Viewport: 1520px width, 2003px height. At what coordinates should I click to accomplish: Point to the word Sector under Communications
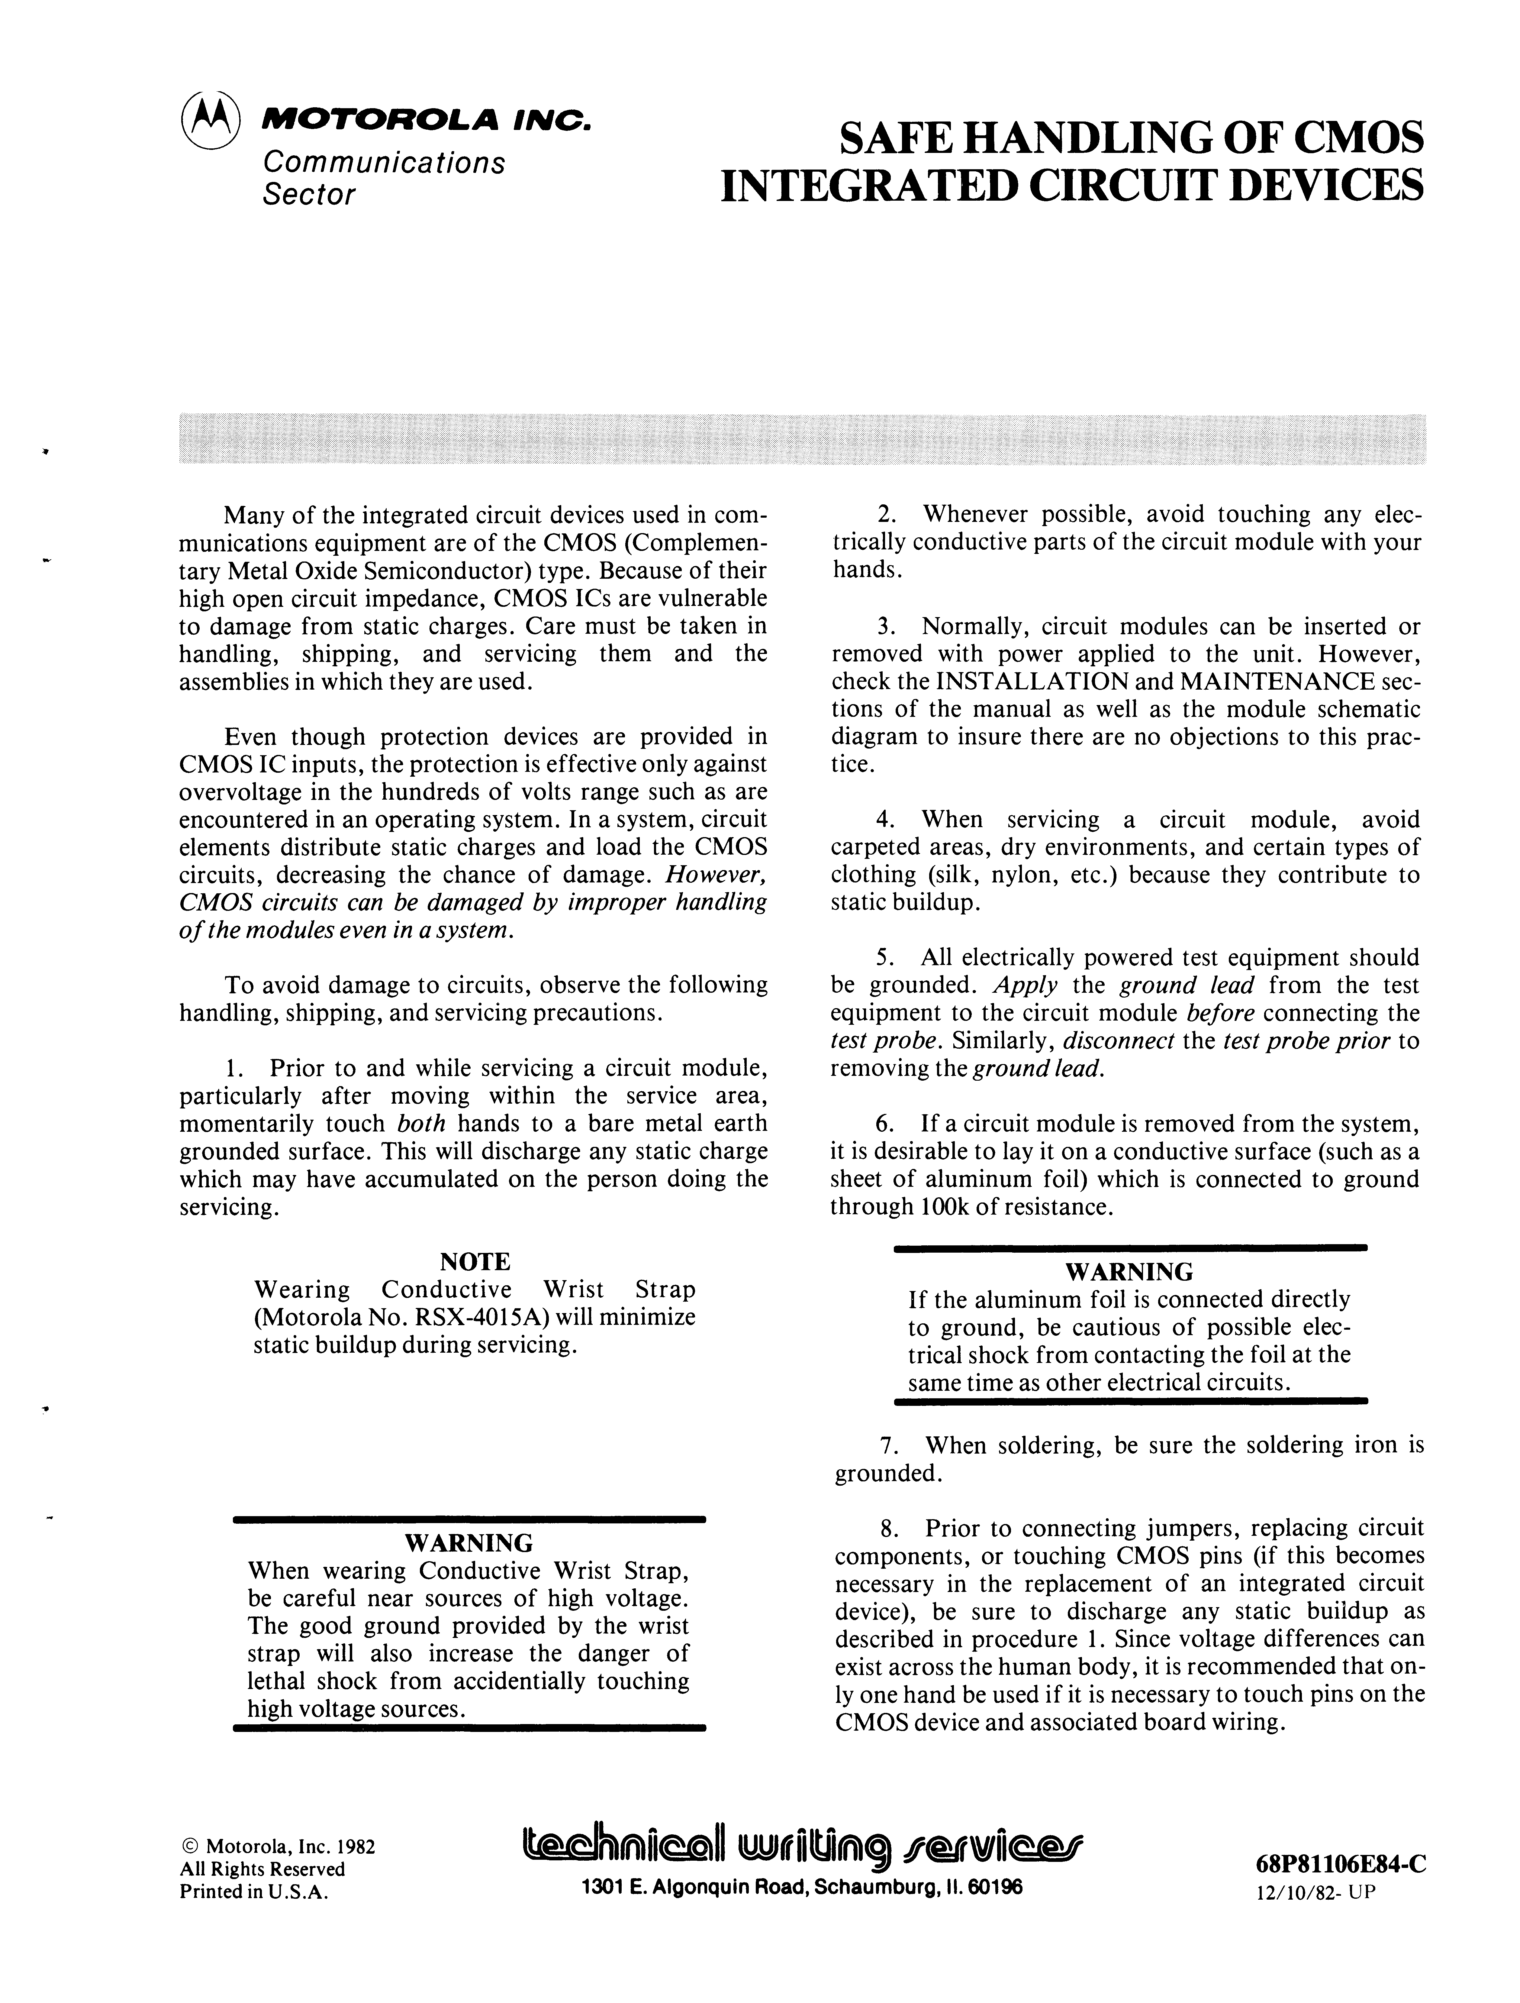coord(308,195)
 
